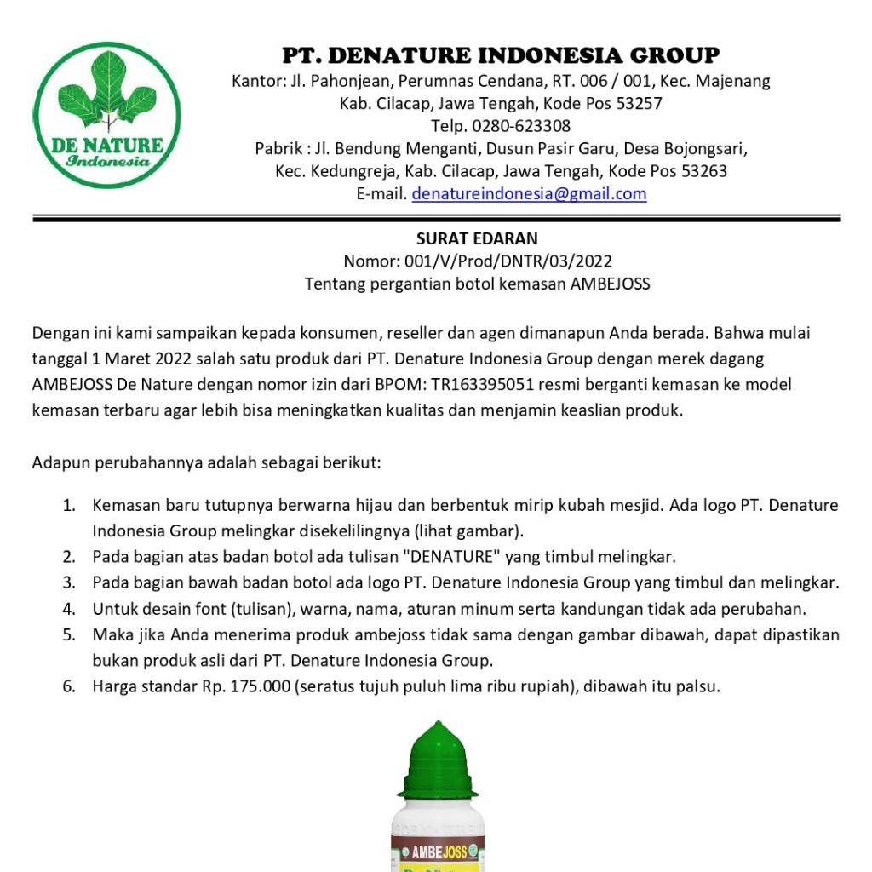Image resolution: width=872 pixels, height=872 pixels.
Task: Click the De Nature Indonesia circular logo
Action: (106, 116)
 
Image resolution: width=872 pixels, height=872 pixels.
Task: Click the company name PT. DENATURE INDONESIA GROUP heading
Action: (501, 56)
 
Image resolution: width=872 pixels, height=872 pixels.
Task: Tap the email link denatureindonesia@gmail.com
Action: (529, 194)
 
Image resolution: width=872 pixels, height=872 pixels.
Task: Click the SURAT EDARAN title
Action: (477, 238)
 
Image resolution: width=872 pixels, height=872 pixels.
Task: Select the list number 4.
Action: (68, 609)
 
